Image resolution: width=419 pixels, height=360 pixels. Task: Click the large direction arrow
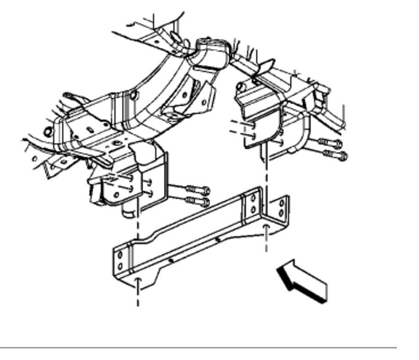coord(302,280)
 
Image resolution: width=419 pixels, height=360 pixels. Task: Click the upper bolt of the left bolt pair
coord(195,190)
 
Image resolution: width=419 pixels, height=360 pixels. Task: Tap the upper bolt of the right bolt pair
coord(329,144)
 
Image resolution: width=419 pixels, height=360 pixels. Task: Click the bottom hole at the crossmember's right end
coord(266,228)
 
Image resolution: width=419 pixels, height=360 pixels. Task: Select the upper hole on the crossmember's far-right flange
coord(280,204)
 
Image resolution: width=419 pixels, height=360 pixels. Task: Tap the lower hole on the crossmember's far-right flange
coord(281,214)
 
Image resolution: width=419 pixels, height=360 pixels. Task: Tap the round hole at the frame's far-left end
coord(47,131)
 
